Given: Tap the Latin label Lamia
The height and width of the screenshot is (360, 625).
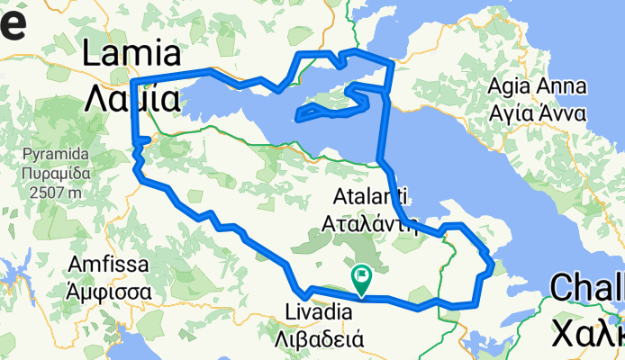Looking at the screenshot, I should click(x=131, y=55).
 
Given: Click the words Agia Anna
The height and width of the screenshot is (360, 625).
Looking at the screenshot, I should click(x=537, y=88).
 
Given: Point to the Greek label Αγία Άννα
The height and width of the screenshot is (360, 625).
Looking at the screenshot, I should click(x=537, y=114).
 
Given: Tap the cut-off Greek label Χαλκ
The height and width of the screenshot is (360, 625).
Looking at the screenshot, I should click(x=590, y=328).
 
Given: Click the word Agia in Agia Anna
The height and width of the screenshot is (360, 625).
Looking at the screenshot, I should click(x=510, y=88).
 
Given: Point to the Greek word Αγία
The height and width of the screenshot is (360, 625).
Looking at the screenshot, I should click(x=511, y=114).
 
